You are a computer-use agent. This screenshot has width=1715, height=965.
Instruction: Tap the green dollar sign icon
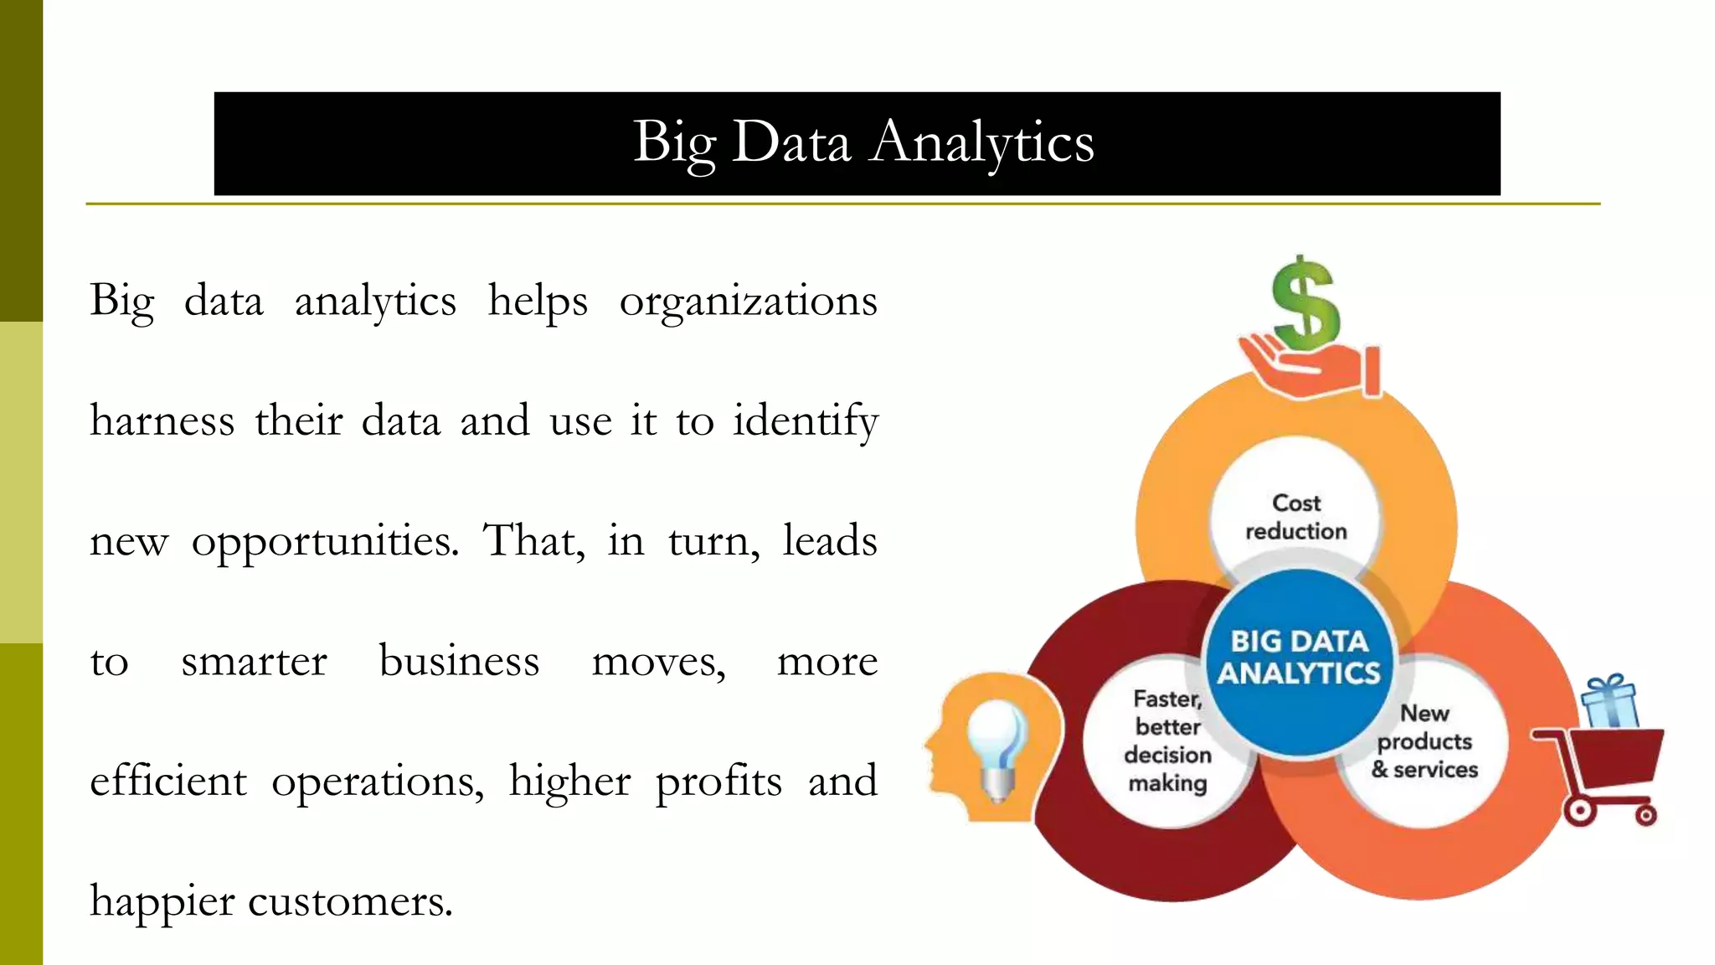tap(1305, 303)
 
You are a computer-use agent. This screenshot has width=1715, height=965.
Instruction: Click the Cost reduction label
tap(1296, 517)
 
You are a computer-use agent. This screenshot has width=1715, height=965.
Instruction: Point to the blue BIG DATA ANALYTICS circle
tap(1299, 658)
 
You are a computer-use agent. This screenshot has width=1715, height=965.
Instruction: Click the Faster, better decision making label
tap(1167, 741)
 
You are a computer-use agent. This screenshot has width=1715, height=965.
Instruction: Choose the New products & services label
tap(1424, 741)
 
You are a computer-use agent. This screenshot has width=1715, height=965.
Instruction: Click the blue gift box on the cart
tap(1610, 703)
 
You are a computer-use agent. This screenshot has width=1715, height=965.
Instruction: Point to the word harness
tap(162, 421)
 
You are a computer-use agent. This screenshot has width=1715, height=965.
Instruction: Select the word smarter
tap(254, 662)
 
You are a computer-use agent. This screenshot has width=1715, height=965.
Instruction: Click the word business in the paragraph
tap(459, 662)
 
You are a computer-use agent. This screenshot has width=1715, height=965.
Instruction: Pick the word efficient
tap(168, 782)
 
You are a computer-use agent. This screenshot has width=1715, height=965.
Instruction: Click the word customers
tap(350, 902)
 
